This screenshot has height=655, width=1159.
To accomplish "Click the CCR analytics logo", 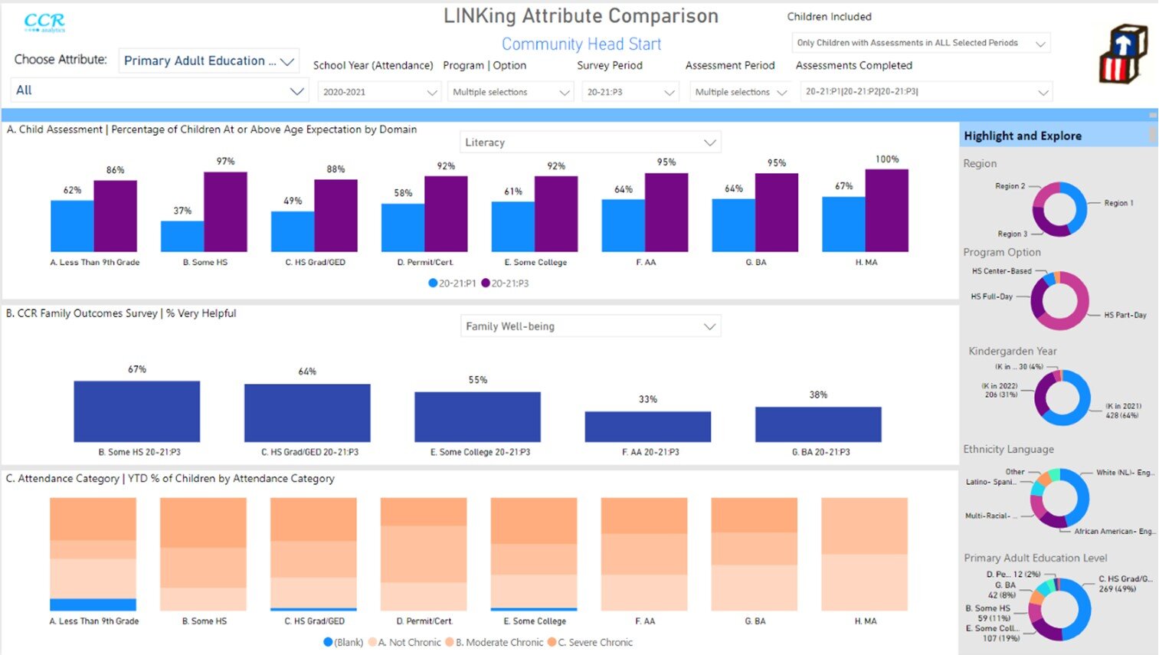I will tap(44, 22).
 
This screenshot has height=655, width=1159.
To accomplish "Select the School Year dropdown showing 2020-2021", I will tap(378, 92).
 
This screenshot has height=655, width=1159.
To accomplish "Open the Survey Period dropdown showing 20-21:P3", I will tap(630, 92).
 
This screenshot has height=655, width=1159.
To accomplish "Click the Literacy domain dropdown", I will tap(590, 142).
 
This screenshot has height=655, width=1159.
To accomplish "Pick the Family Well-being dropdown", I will tap(590, 326).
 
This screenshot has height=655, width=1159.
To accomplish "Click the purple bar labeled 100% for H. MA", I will tap(886, 211).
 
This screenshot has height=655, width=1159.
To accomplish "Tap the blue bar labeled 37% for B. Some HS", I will tap(182, 237).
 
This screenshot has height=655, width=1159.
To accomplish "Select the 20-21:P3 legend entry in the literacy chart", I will tap(506, 283).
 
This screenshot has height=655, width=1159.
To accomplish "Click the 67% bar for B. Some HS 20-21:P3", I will tap(136, 411).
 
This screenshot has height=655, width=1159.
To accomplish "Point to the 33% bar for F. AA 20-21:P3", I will tap(647, 427).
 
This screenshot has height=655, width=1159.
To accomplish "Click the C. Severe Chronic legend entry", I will tap(594, 643).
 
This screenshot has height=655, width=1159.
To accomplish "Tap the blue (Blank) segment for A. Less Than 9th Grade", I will tap(93, 604).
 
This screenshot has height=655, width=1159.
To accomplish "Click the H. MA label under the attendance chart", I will tap(865, 621).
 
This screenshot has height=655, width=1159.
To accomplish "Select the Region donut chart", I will tap(1059, 209).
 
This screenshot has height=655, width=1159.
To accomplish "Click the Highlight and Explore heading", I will tap(1022, 136).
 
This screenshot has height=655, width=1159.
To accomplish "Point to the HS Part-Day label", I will tap(1125, 315).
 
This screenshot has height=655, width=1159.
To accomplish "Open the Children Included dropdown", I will tap(919, 43).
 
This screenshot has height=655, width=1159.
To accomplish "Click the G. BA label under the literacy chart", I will tap(755, 262).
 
